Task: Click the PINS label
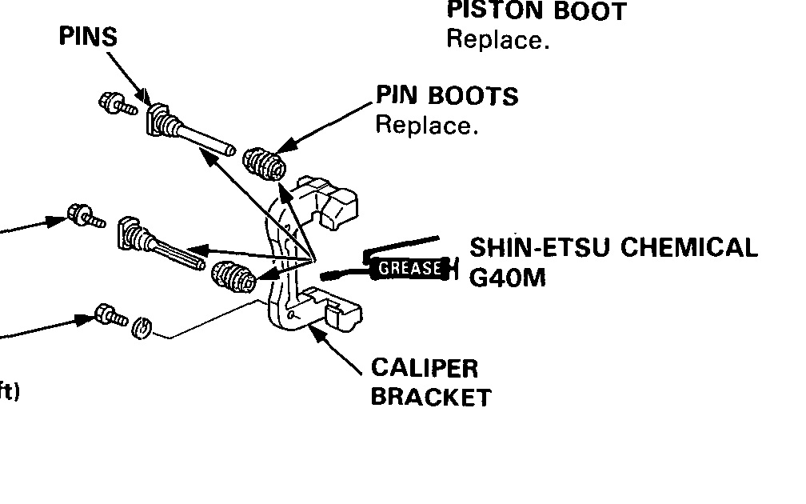88,37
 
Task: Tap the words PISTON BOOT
537,11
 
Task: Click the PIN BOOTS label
447,97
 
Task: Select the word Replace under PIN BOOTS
426,126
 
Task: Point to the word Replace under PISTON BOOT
497,39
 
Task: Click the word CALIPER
424,369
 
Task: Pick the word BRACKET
431,397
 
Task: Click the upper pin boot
265,164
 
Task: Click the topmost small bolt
113,102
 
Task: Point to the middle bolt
86,216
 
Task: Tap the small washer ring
141,327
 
